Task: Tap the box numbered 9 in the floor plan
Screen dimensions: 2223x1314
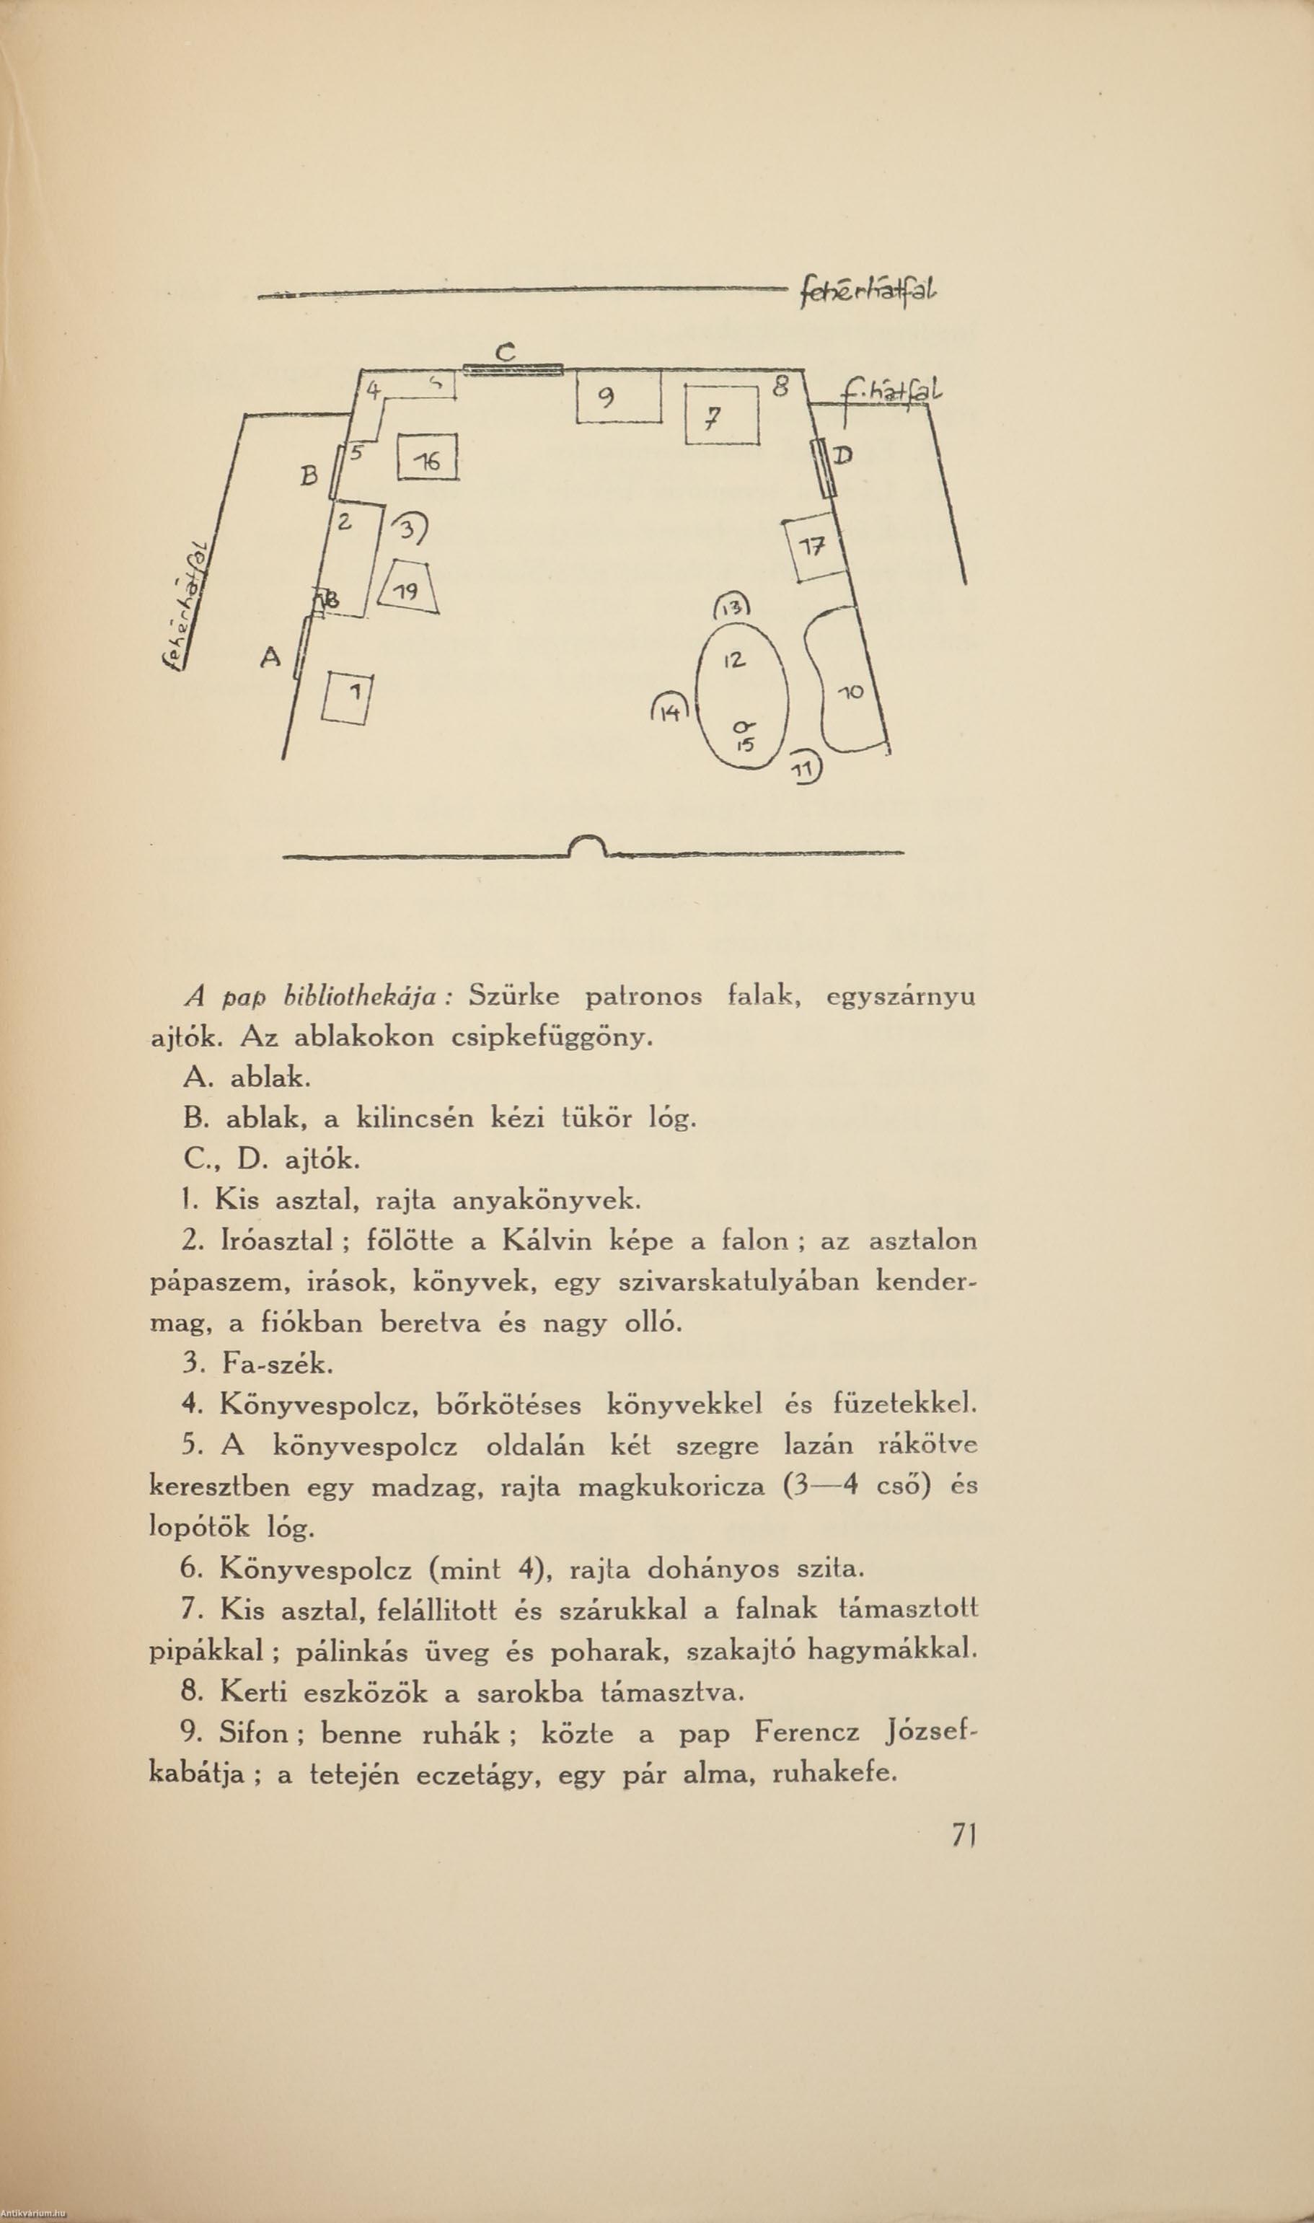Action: click(x=618, y=397)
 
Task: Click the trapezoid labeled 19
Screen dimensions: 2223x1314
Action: click(x=409, y=588)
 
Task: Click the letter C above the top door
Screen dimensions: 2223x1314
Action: click(x=505, y=353)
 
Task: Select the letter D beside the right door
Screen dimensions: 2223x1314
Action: click(x=843, y=456)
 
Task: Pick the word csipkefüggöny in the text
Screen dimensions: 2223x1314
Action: click(x=552, y=1036)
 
